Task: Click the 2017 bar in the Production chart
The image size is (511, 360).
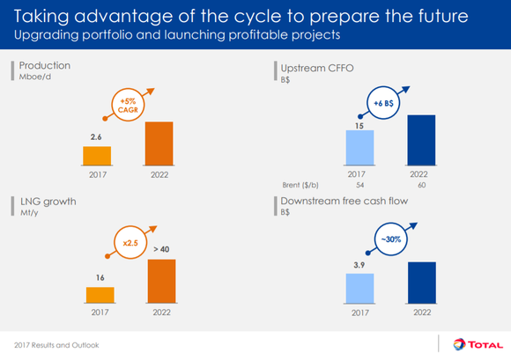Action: click(x=98, y=155)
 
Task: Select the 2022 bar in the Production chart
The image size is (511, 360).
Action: click(x=159, y=143)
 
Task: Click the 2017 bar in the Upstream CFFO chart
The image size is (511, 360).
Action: click(x=359, y=147)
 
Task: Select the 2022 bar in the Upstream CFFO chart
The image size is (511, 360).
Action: click(x=421, y=139)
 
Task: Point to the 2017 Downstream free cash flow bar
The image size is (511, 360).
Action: click(x=359, y=288)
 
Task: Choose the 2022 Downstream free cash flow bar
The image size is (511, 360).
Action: click(x=421, y=283)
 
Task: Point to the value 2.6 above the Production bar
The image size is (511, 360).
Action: click(x=97, y=137)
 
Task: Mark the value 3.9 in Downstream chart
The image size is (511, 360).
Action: click(x=359, y=264)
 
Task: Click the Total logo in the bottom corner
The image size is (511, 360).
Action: click(x=476, y=344)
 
